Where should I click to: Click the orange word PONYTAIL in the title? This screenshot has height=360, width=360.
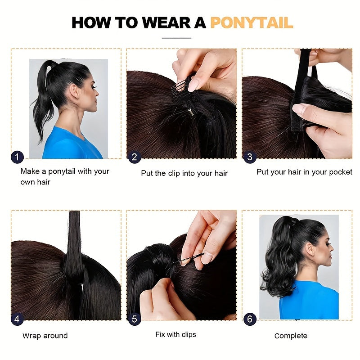(252, 22)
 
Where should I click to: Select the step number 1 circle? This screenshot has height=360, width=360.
(17, 157)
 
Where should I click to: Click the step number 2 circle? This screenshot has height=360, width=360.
(135, 157)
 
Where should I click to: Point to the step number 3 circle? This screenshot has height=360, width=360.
(250, 157)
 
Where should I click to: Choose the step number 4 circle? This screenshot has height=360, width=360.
(17, 319)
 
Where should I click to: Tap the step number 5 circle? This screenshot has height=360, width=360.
(135, 319)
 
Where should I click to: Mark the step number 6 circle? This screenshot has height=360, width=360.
(250, 319)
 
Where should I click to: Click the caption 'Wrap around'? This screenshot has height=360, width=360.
(45, 336)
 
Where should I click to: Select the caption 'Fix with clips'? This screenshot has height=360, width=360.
(175, 334)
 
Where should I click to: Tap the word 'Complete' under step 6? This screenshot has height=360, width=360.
(291, 336)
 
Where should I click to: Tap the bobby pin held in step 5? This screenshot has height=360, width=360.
(188, 258)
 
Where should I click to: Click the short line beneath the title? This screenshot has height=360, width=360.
(176, 38)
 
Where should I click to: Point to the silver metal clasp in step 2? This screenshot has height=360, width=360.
(190, 112)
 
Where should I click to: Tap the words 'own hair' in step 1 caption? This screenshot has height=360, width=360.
(36, 182)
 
